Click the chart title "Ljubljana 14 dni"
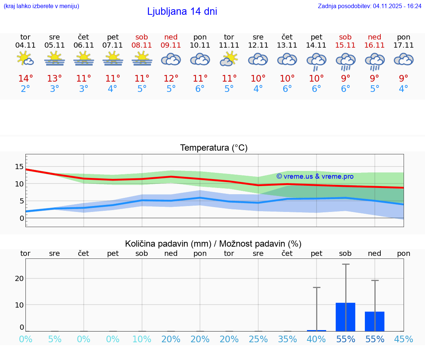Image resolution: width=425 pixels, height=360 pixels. coord(182,11)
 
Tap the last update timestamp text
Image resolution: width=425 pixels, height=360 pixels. coord(369,6)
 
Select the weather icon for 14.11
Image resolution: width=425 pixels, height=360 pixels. coord(316,61)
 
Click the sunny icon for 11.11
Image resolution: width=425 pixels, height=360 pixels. coord(229,59)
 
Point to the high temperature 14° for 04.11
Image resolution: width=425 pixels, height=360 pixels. coord(25,79)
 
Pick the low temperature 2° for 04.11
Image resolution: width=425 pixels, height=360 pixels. coord(25,89)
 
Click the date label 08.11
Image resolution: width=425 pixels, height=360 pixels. coord(142,45)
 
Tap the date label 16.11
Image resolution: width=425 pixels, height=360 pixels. coord(374,45)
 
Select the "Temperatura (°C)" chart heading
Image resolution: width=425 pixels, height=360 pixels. coord(214,148)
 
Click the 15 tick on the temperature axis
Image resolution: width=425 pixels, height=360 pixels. coord(19,167)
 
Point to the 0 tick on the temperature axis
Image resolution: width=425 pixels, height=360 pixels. coord(22,218)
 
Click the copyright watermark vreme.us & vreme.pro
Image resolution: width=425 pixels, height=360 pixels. coord(315,176)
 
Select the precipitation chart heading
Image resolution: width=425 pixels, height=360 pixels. coord(213,244)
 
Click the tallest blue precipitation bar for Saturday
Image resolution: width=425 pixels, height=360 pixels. coord(345,317)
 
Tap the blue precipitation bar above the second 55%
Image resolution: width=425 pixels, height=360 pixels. coord(374,321)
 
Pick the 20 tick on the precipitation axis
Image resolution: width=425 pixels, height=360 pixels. coord(19,278)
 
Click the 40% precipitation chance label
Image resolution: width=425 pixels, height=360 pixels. coord(316,339)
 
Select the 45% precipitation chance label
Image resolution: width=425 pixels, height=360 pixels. coord(403,339)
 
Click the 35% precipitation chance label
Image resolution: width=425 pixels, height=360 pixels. coord(287,339)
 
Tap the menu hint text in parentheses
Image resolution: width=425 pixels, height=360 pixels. coord(41,6)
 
